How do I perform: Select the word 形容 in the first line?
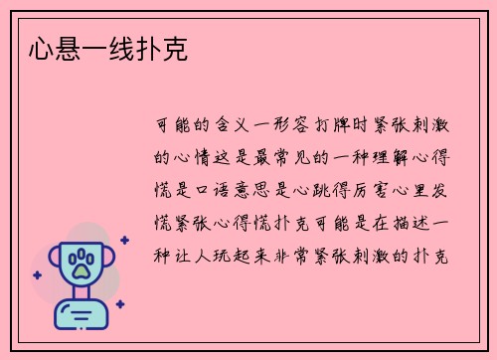(296, 126)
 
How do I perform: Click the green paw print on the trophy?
(79, 263)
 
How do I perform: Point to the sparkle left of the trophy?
(37, 275)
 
